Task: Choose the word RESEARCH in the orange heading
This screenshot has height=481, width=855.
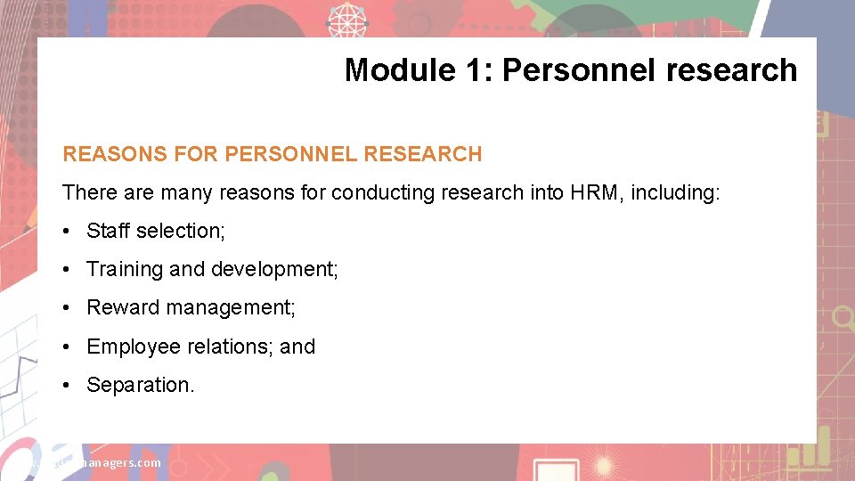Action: (423, 154)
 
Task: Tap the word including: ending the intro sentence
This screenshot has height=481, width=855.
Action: (675, 192)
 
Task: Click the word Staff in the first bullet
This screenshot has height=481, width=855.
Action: (108, 231)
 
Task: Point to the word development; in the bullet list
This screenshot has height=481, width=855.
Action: (273, 269)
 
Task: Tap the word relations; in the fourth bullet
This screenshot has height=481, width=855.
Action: (231, 346)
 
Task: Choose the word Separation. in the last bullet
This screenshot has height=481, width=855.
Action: (140, 385)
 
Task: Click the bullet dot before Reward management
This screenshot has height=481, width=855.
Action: (68, 308)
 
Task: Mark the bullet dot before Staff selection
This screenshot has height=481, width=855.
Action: (68, 231)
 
